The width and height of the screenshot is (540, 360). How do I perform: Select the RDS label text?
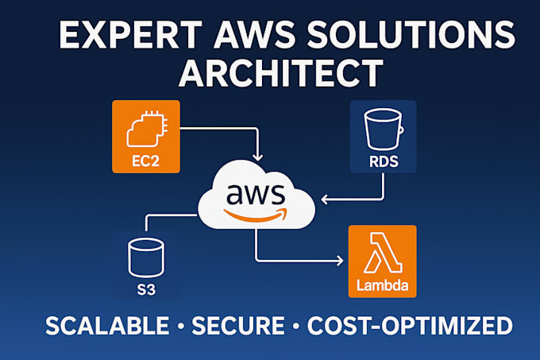tap(384, 163)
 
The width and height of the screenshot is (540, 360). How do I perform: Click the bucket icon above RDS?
tap(384, 127)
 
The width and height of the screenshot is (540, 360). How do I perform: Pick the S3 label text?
tap(145, 290)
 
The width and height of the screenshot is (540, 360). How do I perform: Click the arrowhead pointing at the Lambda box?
tap(341, 260)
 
